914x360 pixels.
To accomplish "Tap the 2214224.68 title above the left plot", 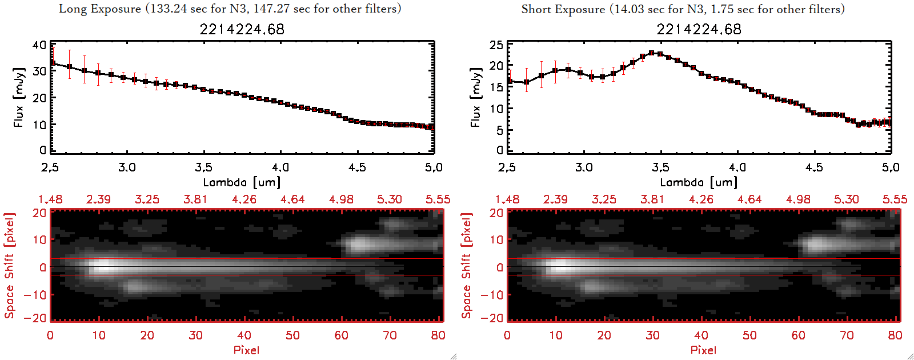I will point(242,29).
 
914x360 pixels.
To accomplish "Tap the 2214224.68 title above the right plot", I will point(699,29).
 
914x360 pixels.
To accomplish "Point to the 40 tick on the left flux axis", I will point(39,45).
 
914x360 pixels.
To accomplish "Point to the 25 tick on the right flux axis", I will point(496,45).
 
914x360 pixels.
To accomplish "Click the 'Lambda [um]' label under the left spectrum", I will point(242,182).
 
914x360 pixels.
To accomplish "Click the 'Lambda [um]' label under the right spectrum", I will point(699,182).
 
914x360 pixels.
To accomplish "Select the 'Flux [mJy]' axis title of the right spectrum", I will point(475,97).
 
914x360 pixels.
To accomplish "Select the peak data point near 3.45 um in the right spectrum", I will point(652,53).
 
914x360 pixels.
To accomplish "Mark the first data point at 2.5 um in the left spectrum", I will point(52,63).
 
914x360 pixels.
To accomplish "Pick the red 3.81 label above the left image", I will point(195,199).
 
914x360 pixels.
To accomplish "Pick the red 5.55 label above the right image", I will point(895,199).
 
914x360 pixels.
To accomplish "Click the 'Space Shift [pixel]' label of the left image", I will point(10,266).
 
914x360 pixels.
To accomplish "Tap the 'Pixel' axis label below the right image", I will point(703,350).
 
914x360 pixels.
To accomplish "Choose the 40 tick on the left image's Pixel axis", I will point(244,335).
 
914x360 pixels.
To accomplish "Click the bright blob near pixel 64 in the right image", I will point(815,246).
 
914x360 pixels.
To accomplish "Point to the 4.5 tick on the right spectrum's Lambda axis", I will point(814,167).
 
